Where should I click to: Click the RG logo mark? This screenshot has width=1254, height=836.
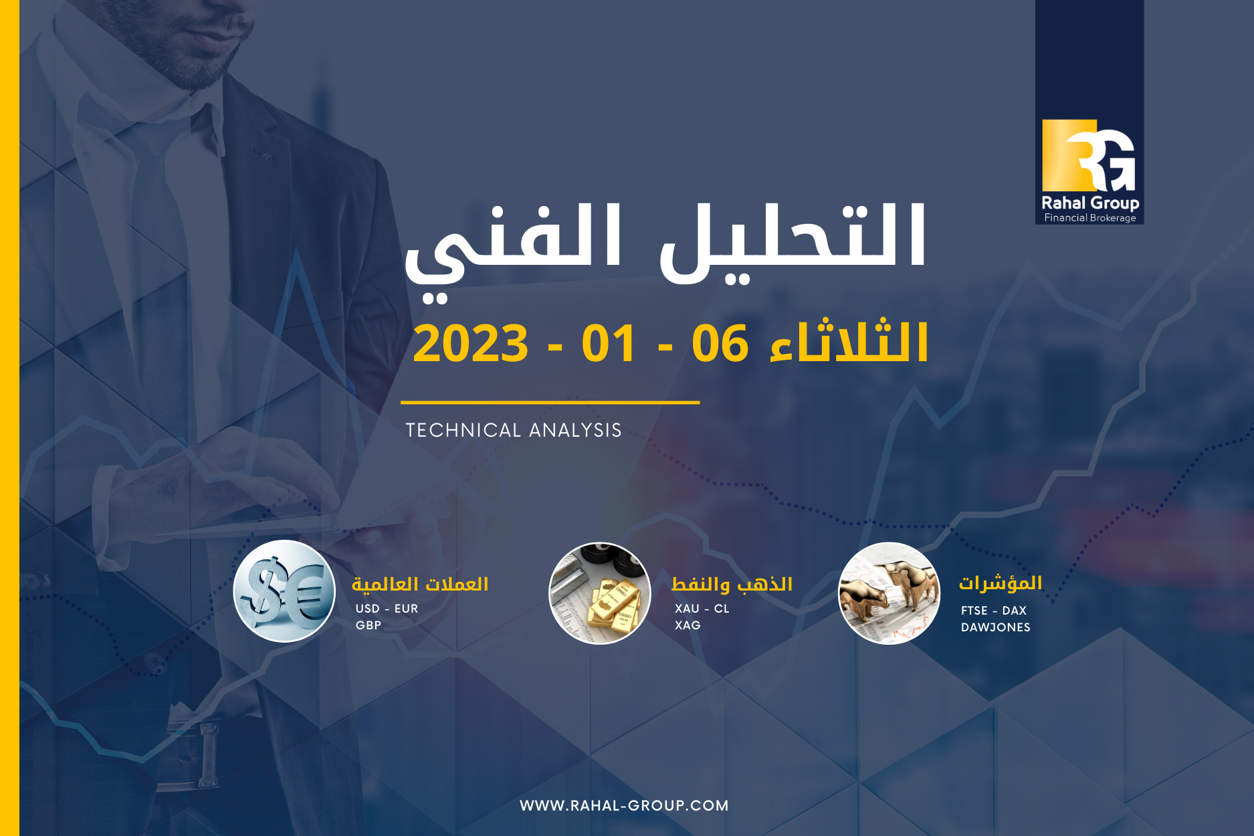(x=1089, y=155)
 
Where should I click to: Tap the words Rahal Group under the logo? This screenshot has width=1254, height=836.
(x=1090, y=203)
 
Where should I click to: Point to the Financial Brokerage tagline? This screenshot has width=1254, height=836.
(x=1090, y=218)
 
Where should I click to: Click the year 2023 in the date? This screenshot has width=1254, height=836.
(x=471, y=344)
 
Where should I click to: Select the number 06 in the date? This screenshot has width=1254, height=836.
(x=720, y=344)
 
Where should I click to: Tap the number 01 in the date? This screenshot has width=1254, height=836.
(x=608, y=344)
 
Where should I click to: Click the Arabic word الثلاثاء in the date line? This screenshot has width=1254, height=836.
(x=849, y=341)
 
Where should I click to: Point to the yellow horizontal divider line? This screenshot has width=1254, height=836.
(x=550, y=403)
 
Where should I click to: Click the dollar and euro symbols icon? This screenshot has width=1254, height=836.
(x=284, y=591)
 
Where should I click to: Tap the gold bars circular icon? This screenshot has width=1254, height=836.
(x=600, y=593)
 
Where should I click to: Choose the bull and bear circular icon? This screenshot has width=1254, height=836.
(x=890, y=593)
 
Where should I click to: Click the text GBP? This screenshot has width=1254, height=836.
(x=369, y=625)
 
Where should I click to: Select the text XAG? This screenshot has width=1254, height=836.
(x=688, y=625)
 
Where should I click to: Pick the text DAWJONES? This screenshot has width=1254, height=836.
(x=996, y=627)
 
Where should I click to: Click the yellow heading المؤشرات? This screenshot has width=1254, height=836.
(x=1001, y=583)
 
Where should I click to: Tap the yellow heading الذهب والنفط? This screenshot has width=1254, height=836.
(x=732, y=584)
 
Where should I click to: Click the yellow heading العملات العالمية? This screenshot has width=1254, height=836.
(x=420, y=584)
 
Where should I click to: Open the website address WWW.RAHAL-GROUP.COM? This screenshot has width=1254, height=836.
(x=624, y=805)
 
